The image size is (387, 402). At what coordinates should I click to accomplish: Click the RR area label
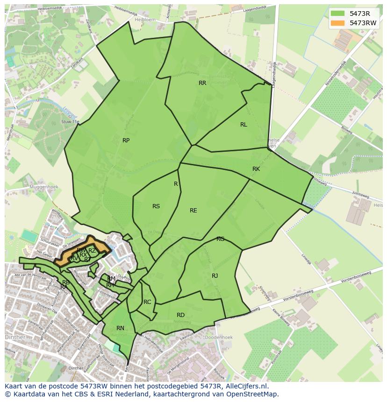(x=202, y=83)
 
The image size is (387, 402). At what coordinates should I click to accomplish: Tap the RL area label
(x=244, y=125)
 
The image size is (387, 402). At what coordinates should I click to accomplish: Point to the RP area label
(x=126, y=141)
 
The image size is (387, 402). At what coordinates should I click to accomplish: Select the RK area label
(x=256, y=169)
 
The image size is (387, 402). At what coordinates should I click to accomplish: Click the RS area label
(x=156, y=206)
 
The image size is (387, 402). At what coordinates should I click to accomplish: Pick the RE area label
(x=193, y=211)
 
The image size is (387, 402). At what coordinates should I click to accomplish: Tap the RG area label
(x=220, y=239)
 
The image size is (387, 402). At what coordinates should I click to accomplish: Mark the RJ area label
(x=215, y=276)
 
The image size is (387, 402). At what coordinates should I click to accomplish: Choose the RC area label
(x=147, y=302)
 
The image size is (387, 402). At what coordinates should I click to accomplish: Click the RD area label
(x=180, y=315)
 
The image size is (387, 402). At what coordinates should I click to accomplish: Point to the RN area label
(x=120, y=328)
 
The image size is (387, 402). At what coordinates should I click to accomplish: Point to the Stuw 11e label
(x=70, y=122)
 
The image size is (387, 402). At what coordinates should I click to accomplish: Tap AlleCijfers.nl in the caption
(x=251, y=387)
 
